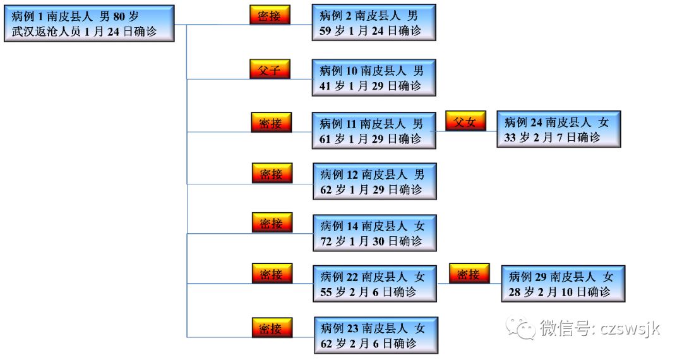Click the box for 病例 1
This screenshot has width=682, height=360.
tap(88, 24)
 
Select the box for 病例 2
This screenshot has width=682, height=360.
tap(373, 23)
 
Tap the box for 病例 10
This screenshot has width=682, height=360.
tap(373, 78)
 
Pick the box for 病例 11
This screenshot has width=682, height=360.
tap(373, 131)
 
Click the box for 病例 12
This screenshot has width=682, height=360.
tap(374, 181)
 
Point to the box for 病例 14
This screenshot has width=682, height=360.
tap(374, 233)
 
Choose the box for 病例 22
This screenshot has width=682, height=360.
tap(374, 284)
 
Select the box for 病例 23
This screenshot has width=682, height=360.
tap(374, 335)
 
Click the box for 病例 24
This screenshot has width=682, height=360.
tap(558, 129)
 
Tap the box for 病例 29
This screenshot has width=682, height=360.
tap(563, 284)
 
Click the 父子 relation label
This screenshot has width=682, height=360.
tap(270, 69)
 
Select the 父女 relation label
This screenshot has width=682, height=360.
tap(465, 121)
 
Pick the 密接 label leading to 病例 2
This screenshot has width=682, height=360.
tap(270, 15)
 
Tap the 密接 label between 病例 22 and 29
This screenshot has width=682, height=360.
tap(469, 274)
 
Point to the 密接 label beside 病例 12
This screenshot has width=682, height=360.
tap(272, 172)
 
